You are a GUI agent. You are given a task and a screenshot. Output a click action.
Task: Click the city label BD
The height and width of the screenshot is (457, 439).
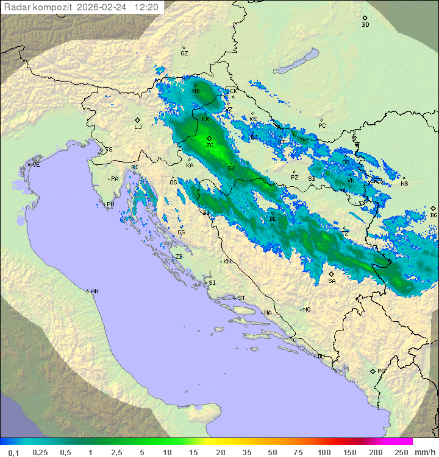point(365,25)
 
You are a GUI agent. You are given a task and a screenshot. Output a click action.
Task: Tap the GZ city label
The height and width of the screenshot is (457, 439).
point(184,53)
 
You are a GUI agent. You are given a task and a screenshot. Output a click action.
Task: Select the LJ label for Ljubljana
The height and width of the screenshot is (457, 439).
point(138,127)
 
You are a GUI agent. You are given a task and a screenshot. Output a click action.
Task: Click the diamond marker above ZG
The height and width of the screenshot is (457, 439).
point(209,139)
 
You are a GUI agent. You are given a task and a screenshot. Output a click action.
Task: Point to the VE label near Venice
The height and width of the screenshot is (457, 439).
point(36,165)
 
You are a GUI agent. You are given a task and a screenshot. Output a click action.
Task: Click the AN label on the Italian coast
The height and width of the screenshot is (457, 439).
point(95,291)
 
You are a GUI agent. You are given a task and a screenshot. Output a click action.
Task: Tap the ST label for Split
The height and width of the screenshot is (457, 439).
point(241,298)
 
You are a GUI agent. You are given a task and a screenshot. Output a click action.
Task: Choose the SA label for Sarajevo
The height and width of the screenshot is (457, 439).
point(332,281)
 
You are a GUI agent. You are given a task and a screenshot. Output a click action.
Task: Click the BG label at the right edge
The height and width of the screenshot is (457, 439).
point(434,215)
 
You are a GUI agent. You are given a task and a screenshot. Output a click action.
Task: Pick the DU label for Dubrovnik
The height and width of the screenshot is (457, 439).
point(320,357)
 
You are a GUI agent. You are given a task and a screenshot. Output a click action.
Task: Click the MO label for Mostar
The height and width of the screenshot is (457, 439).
point(307,309)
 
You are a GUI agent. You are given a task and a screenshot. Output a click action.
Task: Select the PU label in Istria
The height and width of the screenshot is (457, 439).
point(110,204)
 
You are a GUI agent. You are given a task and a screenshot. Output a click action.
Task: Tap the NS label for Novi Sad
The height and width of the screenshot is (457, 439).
point(404,183)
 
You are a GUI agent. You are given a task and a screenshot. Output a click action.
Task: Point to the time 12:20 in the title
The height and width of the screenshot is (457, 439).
point(146,7)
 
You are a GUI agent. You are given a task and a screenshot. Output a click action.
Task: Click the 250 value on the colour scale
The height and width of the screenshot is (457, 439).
point(401,452)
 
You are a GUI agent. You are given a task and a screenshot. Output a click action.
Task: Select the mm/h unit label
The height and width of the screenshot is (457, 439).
point(424,452)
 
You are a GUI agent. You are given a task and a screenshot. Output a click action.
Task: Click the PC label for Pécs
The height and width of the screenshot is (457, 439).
point(322,125)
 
